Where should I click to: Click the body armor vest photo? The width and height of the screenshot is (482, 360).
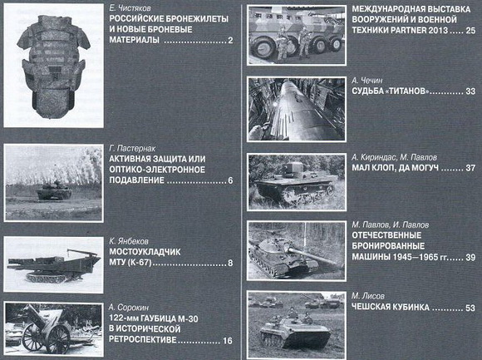coord(54,66)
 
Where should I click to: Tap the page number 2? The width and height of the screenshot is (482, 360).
coord(229,41)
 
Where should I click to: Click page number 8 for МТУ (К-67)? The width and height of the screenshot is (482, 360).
coord(229,264)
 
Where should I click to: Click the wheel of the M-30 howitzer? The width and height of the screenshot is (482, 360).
coord(36,337)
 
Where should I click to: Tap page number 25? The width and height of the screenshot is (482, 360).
coord(470,31)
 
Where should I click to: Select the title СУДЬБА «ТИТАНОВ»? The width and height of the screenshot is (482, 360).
coord(391,91)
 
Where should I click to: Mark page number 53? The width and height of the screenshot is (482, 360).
coord(470,308)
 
